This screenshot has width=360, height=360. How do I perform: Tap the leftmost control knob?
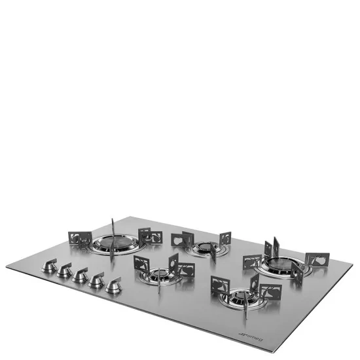click(48, 266)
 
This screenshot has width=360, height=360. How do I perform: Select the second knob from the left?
click(63, 270)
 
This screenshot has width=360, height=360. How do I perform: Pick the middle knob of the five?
click(80, 276)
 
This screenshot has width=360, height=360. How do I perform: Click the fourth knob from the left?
click(97, 281)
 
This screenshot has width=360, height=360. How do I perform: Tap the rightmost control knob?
click(114, 285)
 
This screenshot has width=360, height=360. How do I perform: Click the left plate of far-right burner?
click(253, 262)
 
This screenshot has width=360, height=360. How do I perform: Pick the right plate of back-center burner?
click(225, 239)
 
